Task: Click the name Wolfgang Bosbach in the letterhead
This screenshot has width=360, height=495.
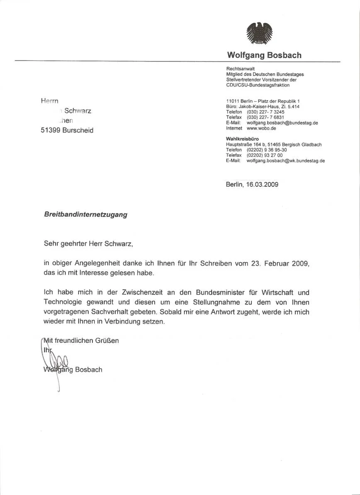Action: click(x=264, y=55)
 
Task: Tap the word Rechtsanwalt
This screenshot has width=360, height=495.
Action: click(x=241, y=69)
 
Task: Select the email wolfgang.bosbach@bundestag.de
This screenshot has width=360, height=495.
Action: click(x=282, y=123)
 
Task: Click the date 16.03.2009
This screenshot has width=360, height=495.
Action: click(x=262, y=184)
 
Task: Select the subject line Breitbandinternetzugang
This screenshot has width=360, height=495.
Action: click(x=85, y=215)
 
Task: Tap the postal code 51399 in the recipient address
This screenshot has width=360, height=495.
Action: click(x=50, y=130)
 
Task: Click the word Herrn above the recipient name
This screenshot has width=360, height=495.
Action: click(x=49, y=101)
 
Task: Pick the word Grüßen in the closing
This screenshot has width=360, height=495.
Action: click(x=107, y=341)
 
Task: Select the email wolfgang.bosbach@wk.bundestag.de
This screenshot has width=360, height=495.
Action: click(x=285, y=161)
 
